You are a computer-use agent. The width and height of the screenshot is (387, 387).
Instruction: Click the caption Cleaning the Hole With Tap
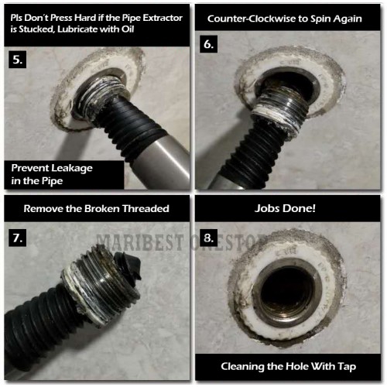click(x=288, y=366)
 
